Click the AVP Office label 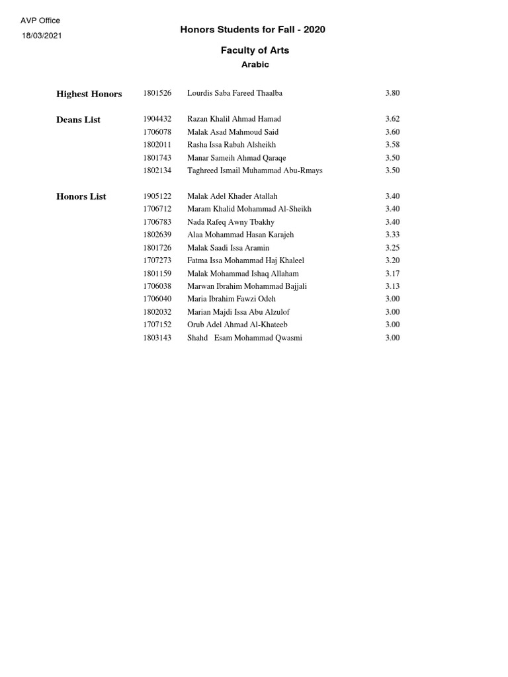tap(40, 21)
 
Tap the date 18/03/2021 tap(42, 36)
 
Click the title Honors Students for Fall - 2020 tap(253, 30)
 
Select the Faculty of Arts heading tap(255, 50)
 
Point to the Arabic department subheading tap(255, 65)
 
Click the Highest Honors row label tap(89, 94)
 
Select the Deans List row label tap(79, 120)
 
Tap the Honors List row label tap(81, 196)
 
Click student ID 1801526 tap(157, 93)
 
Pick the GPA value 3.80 tap(392, 93)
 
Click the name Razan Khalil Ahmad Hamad tap(234, 119)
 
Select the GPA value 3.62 tap(392, 119)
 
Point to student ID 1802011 tap(157, 145)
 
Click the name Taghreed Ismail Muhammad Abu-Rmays tap(255, 171)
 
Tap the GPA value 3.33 tap(392, 235)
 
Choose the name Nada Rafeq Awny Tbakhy tap(231, 222)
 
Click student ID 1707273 tap(157, 260)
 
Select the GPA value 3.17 tap(392, 274)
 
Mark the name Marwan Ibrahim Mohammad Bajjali tap(247, 286)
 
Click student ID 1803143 tap(157, 338)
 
